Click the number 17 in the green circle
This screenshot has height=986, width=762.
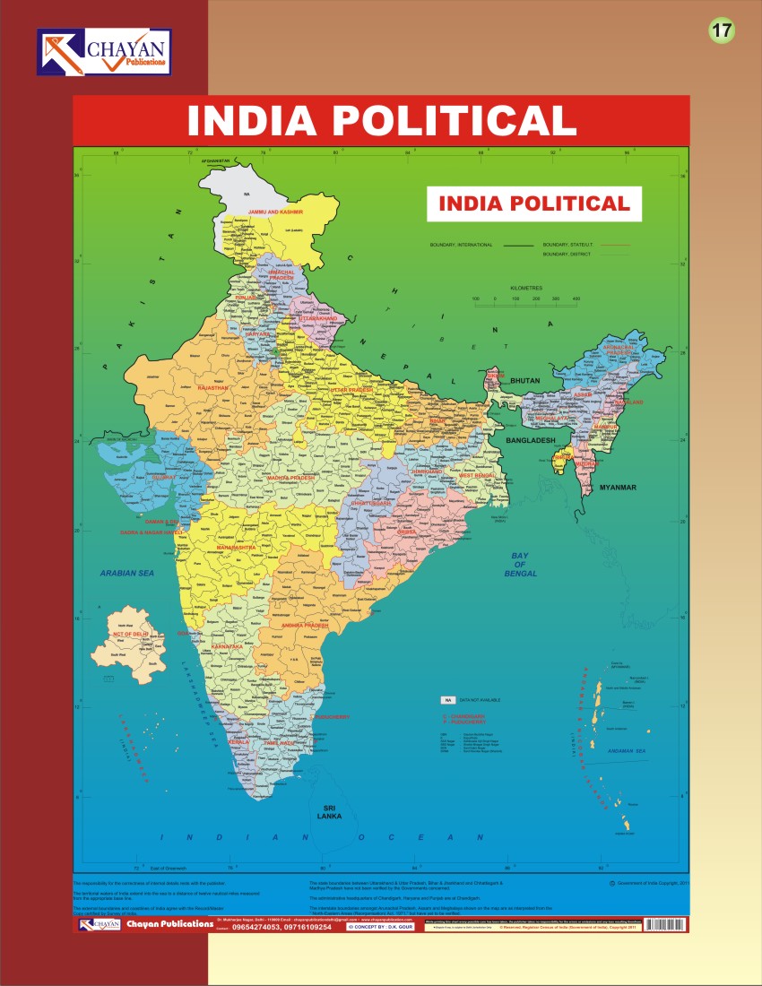point(722,30)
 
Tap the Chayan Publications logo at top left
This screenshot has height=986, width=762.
point(104,52)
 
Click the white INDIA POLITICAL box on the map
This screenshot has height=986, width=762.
point(534,203)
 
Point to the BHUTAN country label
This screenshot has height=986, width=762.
point(525,381)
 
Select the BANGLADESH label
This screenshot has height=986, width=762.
point(531,441)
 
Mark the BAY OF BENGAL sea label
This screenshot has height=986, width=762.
point(520,565)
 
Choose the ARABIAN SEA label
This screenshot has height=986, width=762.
point(128,572)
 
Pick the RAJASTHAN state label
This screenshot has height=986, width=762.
point(213,387)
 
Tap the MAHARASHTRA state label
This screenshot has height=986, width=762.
point(236,547)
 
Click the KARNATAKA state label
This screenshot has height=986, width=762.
point(228,646)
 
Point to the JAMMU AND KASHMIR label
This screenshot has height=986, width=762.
point(276,212)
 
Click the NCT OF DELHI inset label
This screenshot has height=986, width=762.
point(129,634)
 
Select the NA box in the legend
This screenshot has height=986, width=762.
point(446,699)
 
